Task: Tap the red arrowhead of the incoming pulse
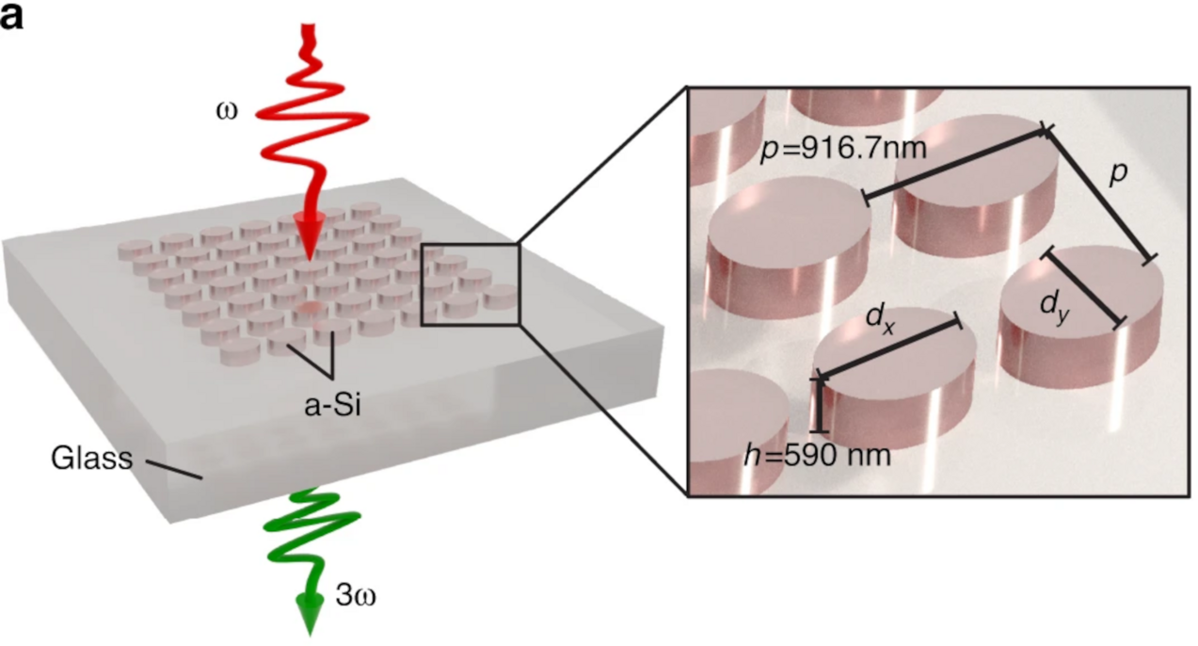[310, 239]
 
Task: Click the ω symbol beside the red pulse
[227, 111]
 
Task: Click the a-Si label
[332, 406]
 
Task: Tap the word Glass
[91, 459]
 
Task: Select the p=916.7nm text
[843, 148]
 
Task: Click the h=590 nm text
[817, 456]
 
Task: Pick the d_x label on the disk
[880, 319]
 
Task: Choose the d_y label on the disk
[1055, 308]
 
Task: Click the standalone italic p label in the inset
[1118, 174]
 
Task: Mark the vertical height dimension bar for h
[819, 405]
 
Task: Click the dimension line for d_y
[1083, 289]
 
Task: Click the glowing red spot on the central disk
[309, 307]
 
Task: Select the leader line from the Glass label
[174, 469]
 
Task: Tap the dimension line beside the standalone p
[1098, 195]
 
